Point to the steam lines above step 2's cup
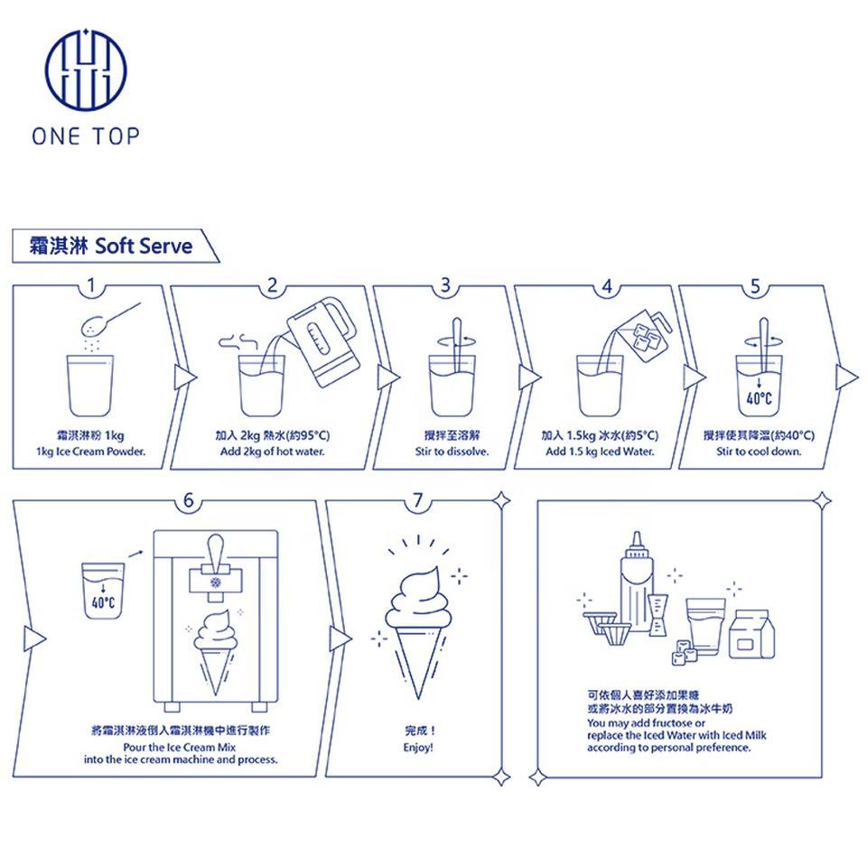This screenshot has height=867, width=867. click(x=237, y=340)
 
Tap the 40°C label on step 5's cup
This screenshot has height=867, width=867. click(x=758, y=397)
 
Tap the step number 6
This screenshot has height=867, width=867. click(x=188, y=499)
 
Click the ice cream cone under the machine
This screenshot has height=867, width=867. click(x=215, y=650)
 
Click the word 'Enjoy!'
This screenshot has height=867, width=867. click(x=421, y=749)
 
